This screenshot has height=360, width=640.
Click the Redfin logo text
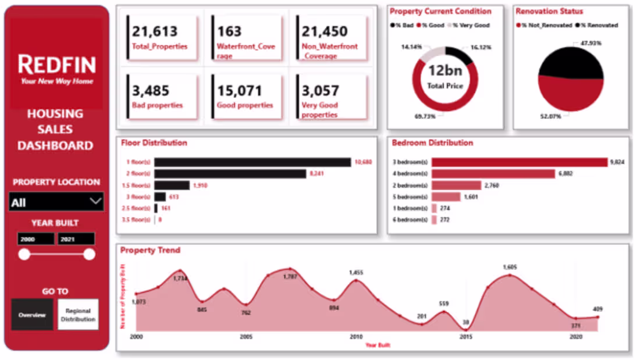click(x=56, y=64)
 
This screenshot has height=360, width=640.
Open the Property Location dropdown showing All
click(x=56, y=202)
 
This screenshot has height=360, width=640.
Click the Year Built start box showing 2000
click(x=35, y=239)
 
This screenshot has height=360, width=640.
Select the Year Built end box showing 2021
click(x=76, y=239)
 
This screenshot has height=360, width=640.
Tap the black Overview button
click(x=32, y=315)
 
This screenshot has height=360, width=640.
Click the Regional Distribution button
click(x=78, y=315)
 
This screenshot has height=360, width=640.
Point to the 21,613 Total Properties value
click(x=154, y=31)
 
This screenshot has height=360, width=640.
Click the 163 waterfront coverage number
click(x=229, y=31)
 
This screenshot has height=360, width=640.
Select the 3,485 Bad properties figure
click(x=150, y=91)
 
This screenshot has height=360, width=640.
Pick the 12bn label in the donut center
click(x=445, y=72)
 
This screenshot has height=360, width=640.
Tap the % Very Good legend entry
click(x=471, y=25)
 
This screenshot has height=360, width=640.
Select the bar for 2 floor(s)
click(x=230, y=173)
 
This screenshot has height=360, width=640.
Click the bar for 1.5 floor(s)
click(x=172, y=185)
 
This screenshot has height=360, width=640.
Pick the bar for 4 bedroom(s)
click(x=493, y=173)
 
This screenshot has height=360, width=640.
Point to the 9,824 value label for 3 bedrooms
click(x=617, y=162)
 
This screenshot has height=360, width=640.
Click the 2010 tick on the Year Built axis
click(x=355, y=337)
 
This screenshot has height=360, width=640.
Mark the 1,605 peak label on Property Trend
click(x=510, y=267)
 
